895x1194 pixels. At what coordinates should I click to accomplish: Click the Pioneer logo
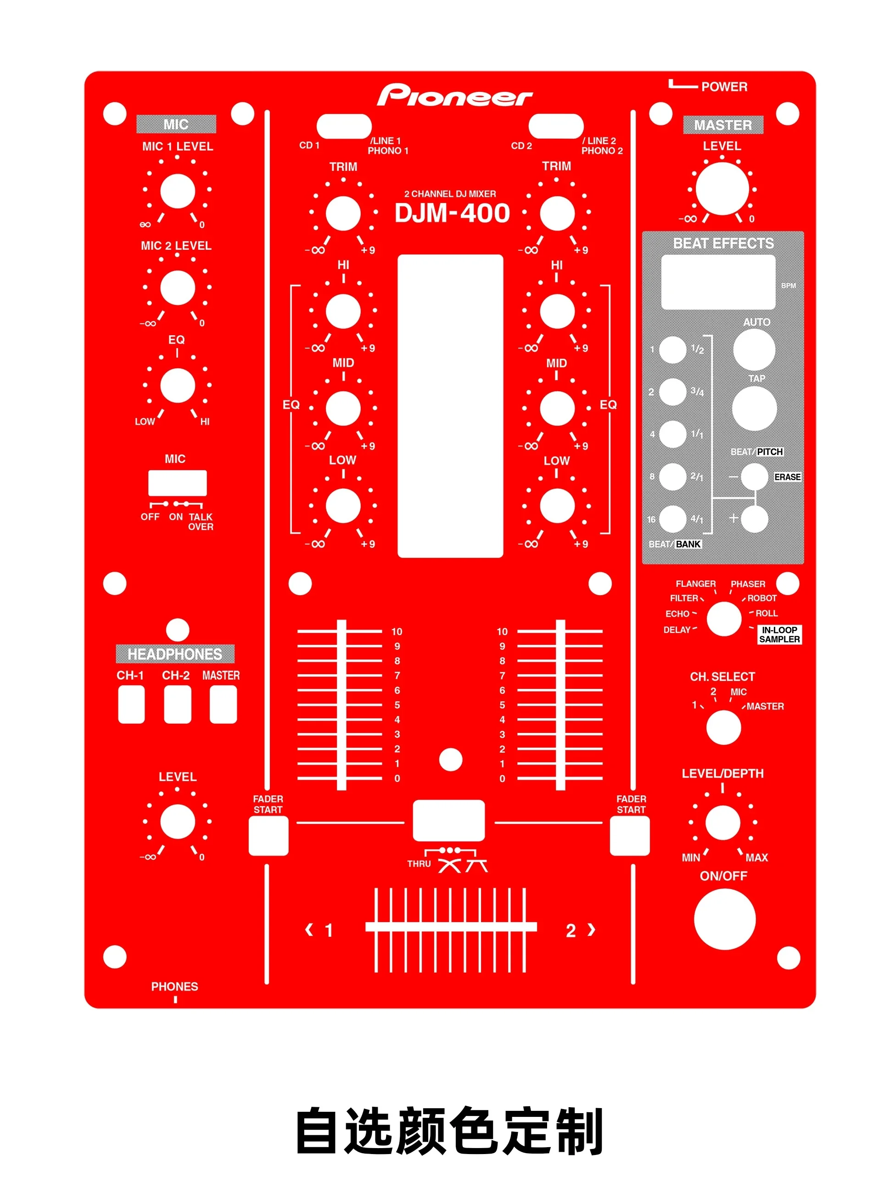point(454,96)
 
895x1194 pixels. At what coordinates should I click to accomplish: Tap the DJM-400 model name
point(452,213)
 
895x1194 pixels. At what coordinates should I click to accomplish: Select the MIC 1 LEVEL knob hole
point(178,191)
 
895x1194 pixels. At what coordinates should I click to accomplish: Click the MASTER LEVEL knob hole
point(722,188)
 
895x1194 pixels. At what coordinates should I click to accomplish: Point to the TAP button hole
point(754,408)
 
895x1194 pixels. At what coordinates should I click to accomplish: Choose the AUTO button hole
point(754,349)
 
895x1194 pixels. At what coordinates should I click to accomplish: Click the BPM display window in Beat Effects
point(717,282)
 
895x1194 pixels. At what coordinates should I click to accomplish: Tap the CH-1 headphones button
point(131,704)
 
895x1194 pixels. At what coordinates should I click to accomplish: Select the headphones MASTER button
point(223,704)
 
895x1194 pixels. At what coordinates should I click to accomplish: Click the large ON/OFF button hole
point(724,919)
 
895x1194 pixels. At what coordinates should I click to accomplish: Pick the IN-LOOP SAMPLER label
point(779,634)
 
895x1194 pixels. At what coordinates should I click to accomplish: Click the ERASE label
point(787,477)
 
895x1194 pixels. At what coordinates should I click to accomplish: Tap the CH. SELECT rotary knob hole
point(723,727)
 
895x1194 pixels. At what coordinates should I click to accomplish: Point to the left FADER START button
point(268,836)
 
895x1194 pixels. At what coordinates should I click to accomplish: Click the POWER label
point(724,87)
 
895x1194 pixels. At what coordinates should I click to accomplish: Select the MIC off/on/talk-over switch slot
point(177,483)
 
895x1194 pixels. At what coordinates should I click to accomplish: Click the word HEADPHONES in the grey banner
point(175,653)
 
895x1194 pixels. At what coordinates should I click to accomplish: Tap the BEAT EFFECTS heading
point(723,243)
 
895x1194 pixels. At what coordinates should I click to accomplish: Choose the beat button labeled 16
point(673,519)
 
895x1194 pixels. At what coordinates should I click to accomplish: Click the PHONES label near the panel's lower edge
point(174,986)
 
